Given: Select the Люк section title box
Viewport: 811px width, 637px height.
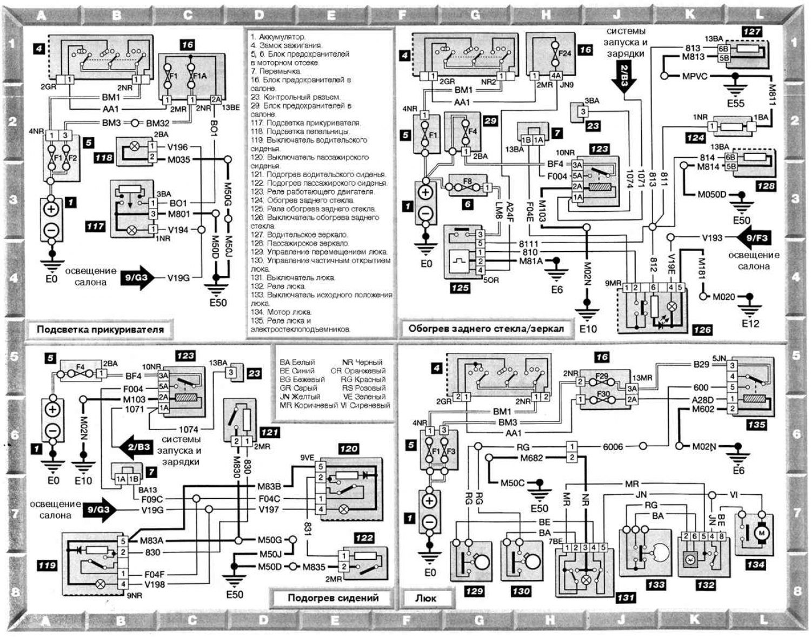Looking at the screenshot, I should click(x=426, y=598).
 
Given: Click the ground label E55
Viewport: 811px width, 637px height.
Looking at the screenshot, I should click(x=736, y=103).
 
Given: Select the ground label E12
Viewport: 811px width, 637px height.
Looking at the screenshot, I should click(x=750, y=323).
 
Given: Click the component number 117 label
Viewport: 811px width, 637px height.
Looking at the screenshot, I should click(x=95, y=227).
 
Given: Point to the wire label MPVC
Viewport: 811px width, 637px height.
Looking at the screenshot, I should click(x=694, y=76).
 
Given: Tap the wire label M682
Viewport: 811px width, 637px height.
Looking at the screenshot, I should click(x=531, y=458).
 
